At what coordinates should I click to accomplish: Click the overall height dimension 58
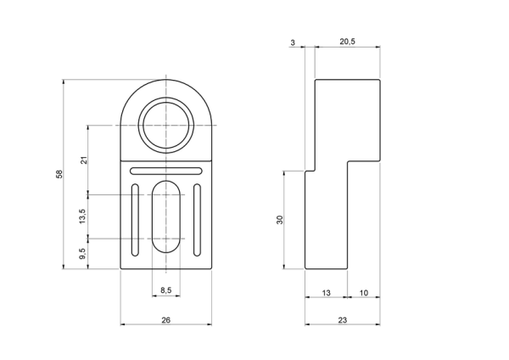coord(59,174)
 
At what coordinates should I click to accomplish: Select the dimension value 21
coord(84,160)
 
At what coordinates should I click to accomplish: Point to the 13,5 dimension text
coord(82,216)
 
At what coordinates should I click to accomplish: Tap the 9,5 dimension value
coord(82,253)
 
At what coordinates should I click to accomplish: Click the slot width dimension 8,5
coord(166,290)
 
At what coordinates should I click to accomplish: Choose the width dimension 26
coord(166,320)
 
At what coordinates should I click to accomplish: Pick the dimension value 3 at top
coord(293,42)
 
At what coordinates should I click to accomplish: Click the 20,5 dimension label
coord(347,42)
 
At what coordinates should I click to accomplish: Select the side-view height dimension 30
coord(280,220)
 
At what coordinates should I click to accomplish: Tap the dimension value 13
coord(327,293)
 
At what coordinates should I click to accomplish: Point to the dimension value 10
coord(364,293)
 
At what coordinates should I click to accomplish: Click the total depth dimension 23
coord(343,320)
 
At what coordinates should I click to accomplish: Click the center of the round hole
coord(166,125)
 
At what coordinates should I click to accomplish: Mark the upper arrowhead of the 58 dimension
coord(64,82)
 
